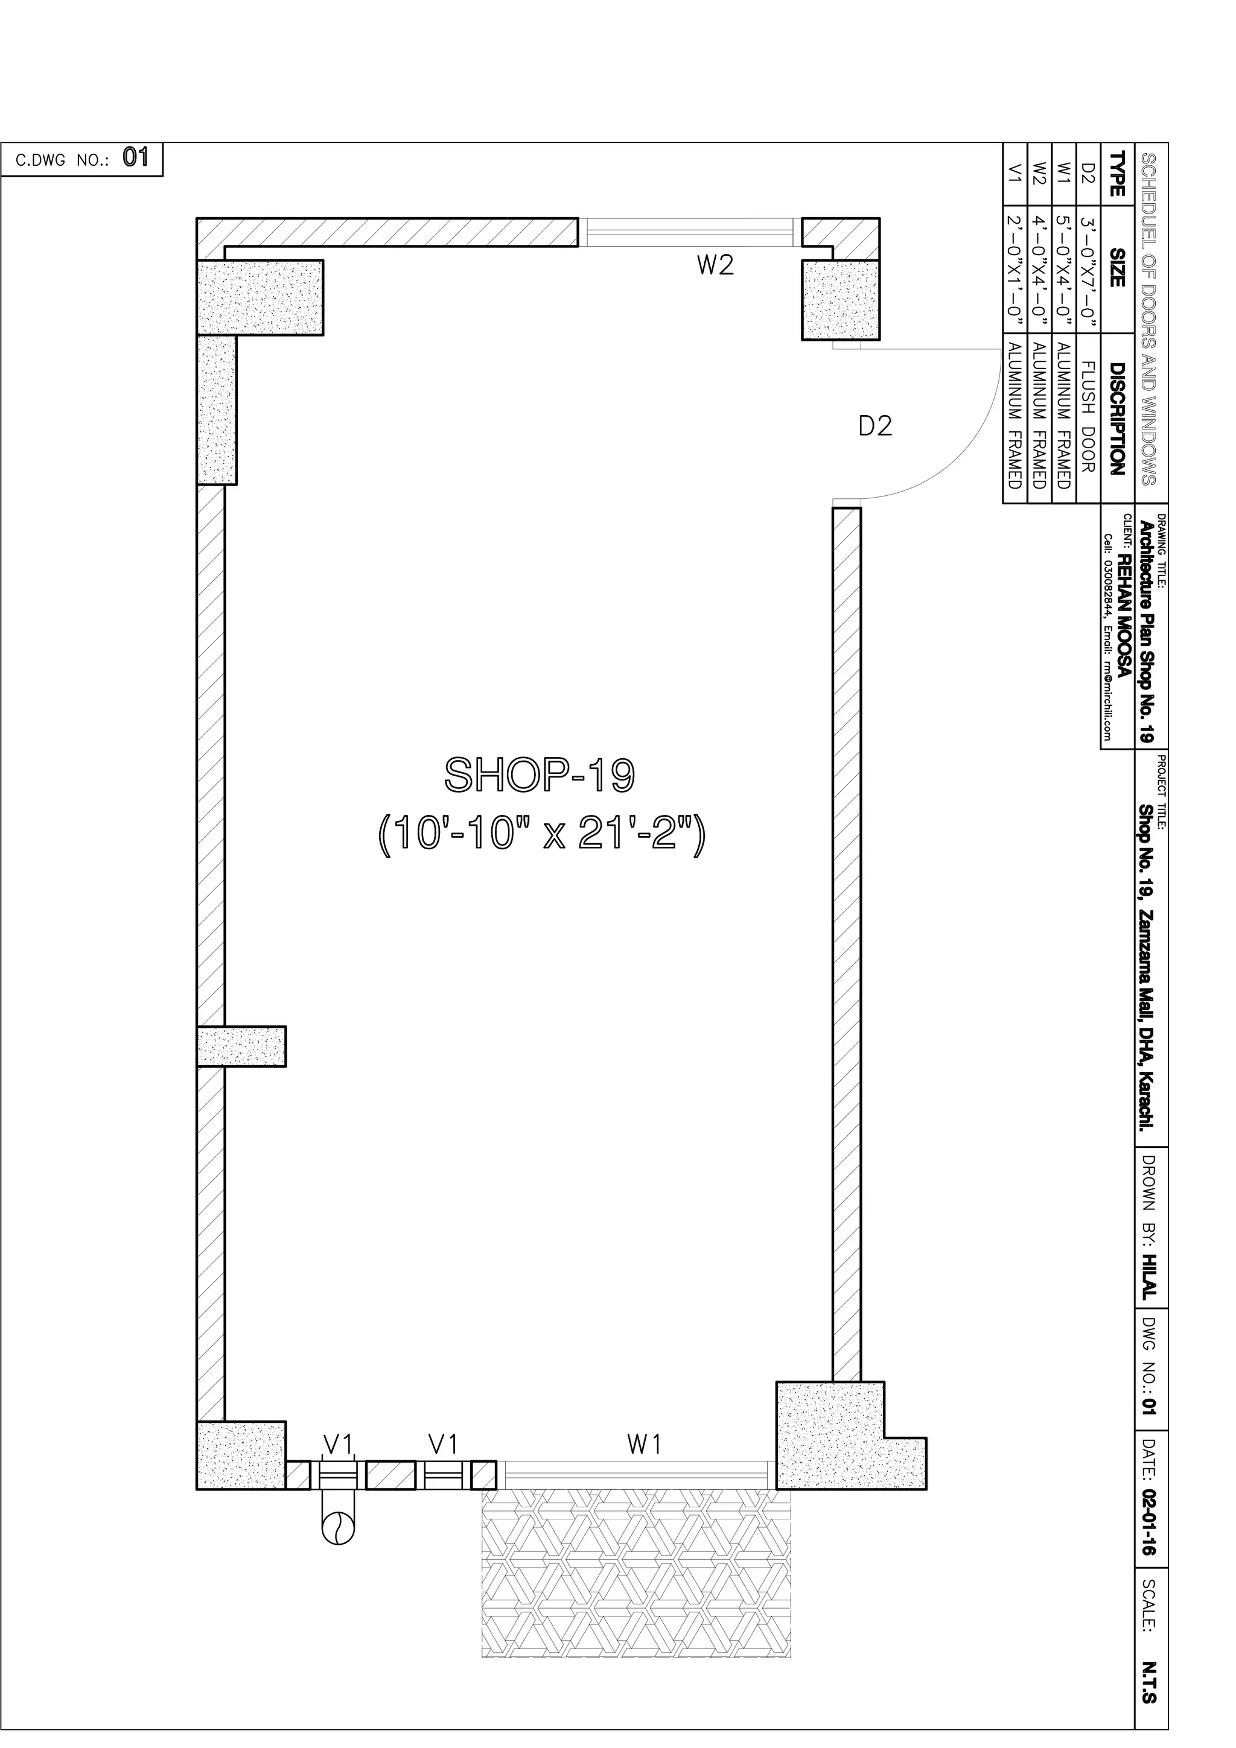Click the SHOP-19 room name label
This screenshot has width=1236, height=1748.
point(539,774)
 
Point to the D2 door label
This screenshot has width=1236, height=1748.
point(875,426)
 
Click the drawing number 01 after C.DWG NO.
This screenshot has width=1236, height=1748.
point(136,157)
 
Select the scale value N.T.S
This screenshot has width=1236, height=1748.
point(1149,1679)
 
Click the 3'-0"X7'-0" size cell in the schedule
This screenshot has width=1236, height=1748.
point(1087,271)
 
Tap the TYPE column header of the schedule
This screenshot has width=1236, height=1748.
point(1117,175)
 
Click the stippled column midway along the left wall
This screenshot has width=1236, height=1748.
point(241,1046)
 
